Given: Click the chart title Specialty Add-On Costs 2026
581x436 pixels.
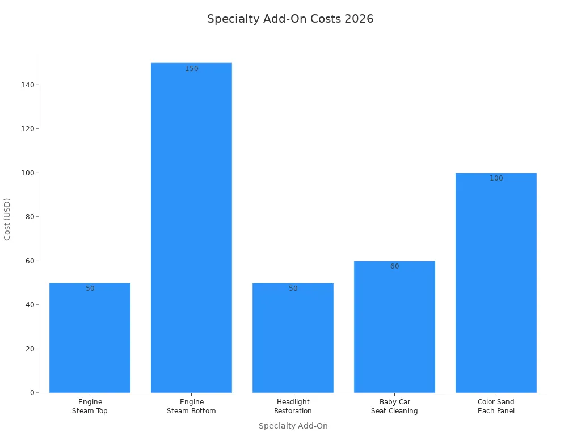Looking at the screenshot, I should pyautogui.click(x=290, y=19).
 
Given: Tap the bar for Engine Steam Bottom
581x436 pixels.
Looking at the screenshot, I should pyautogui.click(x=191, y=227).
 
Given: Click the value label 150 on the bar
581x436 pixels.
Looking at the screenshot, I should pyautogui.click(x=192, y=69).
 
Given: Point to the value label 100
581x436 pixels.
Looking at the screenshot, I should pyautogui.click(x=496, y=178).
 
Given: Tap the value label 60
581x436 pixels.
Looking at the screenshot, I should pyautogui.click(x=395, y=266).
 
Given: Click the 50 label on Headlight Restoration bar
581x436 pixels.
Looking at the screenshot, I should pyautogui.click(x=293, y=288).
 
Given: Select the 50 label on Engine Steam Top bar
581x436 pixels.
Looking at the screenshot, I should pyautogui.click(x=90, y=288).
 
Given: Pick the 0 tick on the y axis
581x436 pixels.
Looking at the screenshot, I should pyautogui.click(x=32, y=393).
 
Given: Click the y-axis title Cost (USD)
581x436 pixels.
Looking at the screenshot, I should pyautogui.click(x=7, y=219).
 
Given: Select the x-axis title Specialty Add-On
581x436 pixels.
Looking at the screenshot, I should pyautogui.click(x=293, y=426).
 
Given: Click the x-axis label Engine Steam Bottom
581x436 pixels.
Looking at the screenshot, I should pyautogui.click(x=191, y=406).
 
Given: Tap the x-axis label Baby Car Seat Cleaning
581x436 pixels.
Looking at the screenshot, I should pyautogui.click(x=394, y=406).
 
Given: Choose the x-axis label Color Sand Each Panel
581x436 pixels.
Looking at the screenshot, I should pyautogui.click(x=496, y=406).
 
